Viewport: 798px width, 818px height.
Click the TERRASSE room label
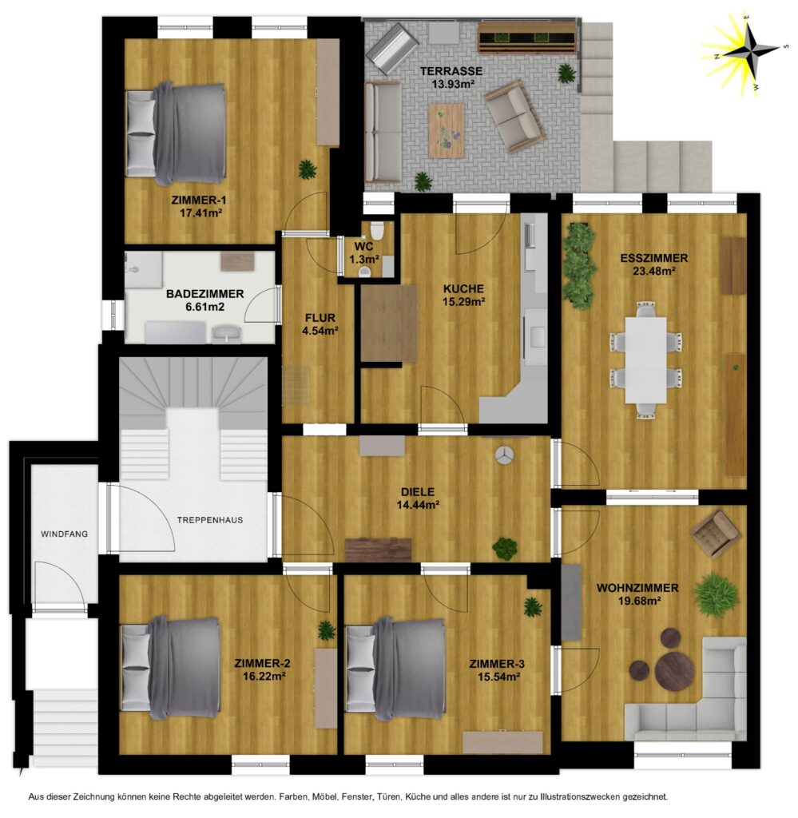coord(451,71)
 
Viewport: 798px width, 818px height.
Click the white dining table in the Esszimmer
coord(645,360)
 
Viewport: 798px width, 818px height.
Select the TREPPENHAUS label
coord(209,520)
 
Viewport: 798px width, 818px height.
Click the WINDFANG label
coord(64,534)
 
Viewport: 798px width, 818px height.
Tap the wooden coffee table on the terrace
coord(446,130)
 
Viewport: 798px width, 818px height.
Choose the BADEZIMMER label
coord(205,294)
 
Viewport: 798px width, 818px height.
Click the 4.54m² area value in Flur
coord(320,330)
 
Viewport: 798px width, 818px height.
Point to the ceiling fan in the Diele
coord(505,455)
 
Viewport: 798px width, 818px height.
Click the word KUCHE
coord(463,288)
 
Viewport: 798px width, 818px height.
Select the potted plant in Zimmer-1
coord(308,169)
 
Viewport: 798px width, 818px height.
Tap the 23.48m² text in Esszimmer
coord(654,271)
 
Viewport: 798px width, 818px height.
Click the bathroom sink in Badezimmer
coord(226,332)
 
